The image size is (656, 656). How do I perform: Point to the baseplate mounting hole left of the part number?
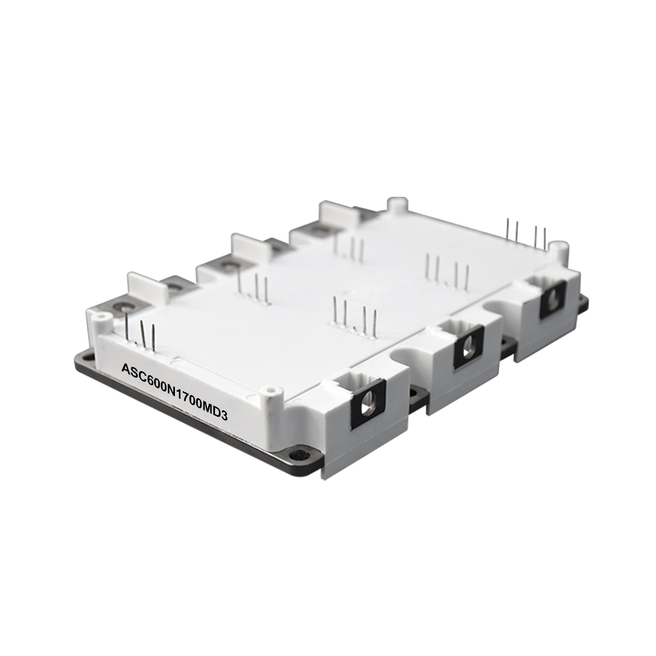(84, 358)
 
